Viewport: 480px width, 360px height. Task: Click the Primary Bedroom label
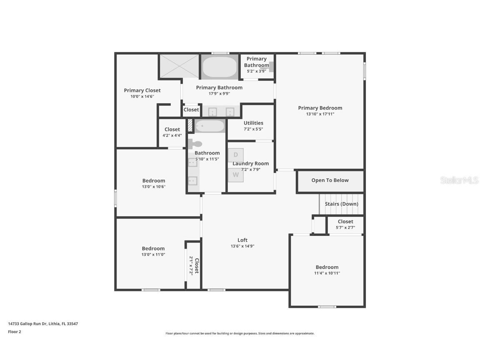tap(320, 108)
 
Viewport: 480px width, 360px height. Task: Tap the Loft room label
tap(242, 240)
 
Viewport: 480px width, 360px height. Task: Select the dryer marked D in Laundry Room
tap(235, 155)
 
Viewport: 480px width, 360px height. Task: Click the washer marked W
tap(235, 175)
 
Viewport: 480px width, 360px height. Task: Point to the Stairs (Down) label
tap(341, 204)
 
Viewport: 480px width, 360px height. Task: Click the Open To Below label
tap(330, 180)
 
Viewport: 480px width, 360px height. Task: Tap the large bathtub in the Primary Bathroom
tap(219, 67)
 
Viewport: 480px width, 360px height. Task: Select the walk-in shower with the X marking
tap(179, 66)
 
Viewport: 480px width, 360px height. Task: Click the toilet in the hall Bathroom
tap(195, 144)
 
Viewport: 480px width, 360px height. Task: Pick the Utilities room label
tap(253, 123)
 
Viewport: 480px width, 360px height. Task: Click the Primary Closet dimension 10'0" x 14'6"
tap(142, 97)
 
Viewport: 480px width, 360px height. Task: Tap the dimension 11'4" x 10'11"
tap(327, 273)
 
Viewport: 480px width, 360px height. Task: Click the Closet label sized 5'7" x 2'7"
tap(345, 222)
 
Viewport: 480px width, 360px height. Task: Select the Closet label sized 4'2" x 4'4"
tap(172, 130)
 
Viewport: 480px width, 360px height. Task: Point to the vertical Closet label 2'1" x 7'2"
tap(197, 266)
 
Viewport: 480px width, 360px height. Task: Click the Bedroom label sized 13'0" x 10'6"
tap(154, 181)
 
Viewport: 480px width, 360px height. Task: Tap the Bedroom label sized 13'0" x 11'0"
tap(153, 249)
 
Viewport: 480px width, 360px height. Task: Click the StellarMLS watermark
tap(459, 180)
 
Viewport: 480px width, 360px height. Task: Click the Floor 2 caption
tap(15, 332)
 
